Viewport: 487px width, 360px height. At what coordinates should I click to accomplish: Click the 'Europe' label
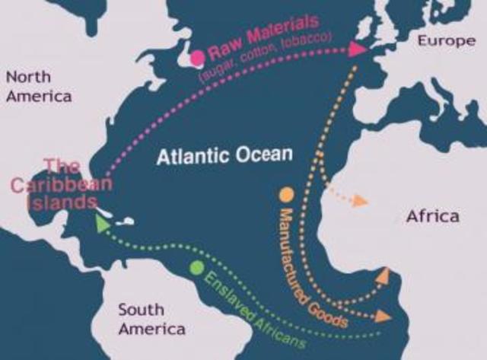[446, 40]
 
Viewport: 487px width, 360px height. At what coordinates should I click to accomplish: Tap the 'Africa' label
[432, 216]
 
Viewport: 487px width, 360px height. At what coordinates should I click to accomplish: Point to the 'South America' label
[151, 319]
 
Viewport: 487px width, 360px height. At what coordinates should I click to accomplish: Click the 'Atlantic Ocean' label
[224, 155]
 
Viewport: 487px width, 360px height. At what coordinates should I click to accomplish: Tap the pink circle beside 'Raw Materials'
[198, 56]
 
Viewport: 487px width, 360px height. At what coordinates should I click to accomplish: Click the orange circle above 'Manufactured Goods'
[286, 194]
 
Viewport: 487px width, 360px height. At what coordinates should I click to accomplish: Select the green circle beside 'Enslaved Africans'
[197, 268]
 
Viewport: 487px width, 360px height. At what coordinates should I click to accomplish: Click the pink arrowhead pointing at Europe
[357, 49]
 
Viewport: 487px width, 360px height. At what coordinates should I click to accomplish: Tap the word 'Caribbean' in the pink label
[61, 184]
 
